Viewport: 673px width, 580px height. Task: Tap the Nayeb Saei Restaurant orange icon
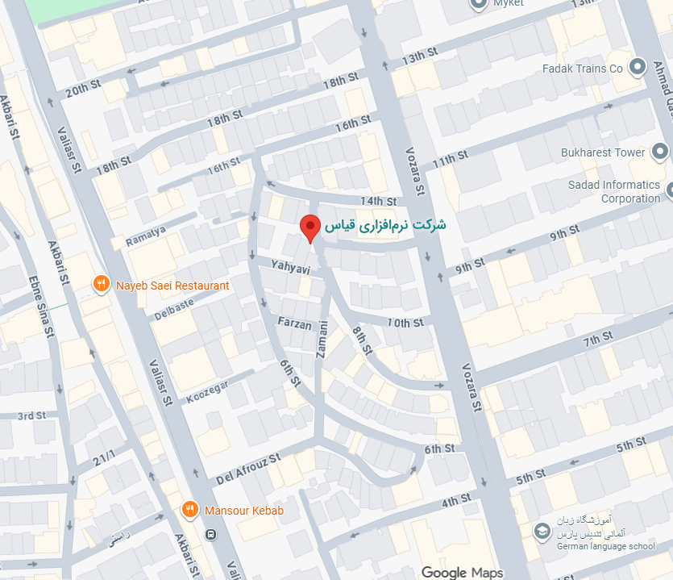[101, 285]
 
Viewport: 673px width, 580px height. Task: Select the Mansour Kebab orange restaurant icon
[189, 510]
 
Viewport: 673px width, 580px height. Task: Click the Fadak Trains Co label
[583, 69]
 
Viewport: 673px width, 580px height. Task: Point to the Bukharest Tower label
[603, 152]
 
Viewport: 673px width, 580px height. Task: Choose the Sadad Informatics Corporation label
[614, 191]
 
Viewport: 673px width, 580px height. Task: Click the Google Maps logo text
[462, 572]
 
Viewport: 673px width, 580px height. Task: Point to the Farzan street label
[294, 321]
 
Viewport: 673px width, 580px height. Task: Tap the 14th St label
[379, 201]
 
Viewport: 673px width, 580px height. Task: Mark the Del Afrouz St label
[247, 469]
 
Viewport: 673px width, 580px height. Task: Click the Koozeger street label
[207, 391]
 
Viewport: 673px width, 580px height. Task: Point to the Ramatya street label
[146, 236]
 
